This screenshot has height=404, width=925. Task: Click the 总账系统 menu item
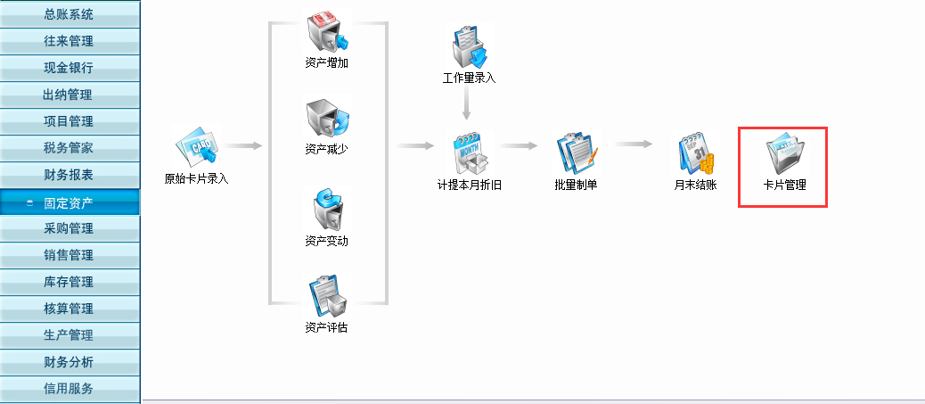click(69, 14)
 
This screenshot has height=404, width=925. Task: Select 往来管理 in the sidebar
click(69, 41)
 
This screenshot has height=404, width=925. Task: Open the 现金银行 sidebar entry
click(69, 68)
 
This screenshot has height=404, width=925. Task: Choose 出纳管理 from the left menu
click(69, 95)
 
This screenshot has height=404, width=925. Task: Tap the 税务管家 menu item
click(69, 148)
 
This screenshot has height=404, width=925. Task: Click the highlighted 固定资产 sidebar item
click(69, 202)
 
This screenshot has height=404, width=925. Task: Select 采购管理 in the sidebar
click(69, 229)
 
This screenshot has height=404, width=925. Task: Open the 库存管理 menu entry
click(69, 283)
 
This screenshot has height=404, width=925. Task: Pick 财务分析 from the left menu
click(69, 363)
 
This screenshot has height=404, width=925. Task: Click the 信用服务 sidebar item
click(69, 389)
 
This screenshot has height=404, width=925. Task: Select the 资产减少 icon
click(327, 120)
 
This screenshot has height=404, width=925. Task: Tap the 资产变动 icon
click(327, 210)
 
